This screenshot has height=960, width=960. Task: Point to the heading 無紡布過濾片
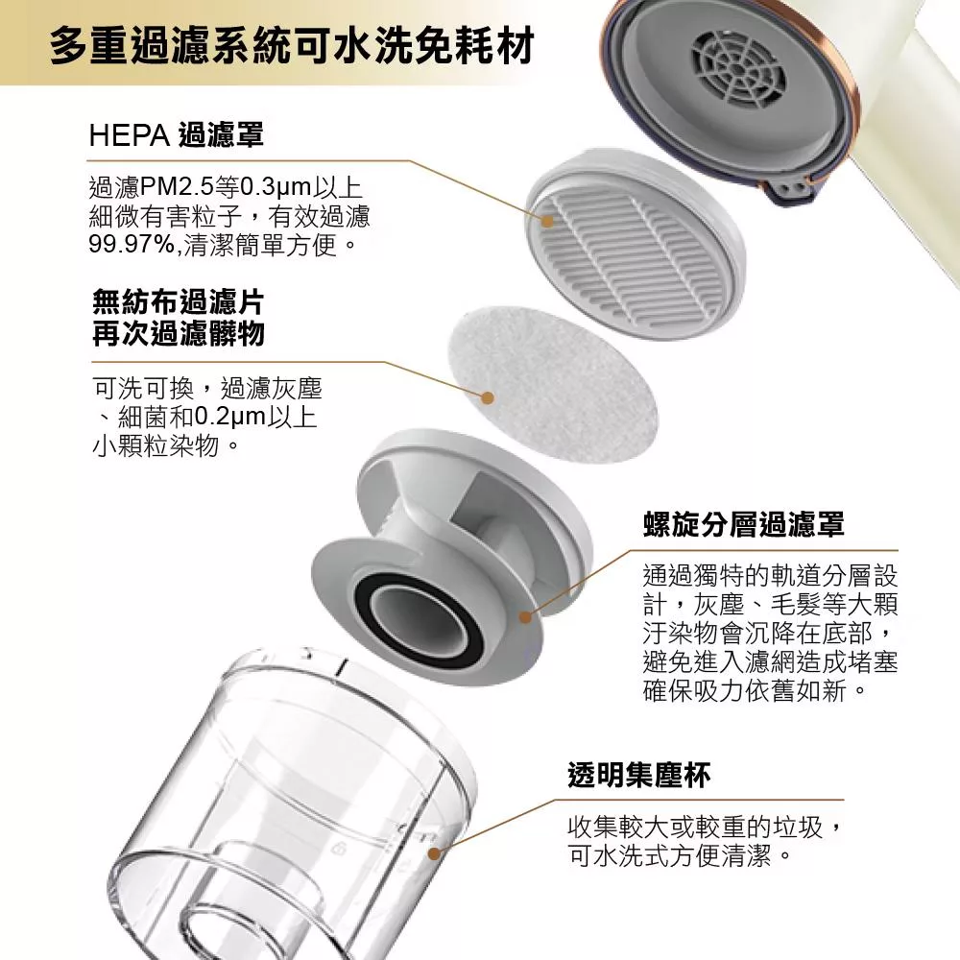point(178,302)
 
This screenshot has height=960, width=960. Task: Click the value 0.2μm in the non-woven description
point(226,419)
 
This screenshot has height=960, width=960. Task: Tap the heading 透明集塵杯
point(638,774)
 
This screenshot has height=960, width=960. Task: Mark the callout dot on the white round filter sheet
point(487,396)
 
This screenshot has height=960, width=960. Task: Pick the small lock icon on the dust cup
point(339,851)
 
